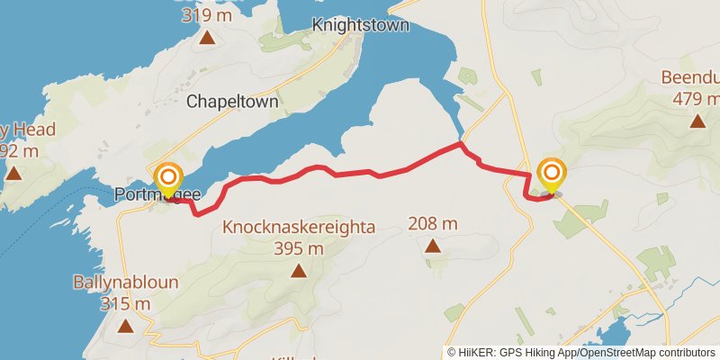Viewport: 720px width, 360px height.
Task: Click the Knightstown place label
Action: click(x=360, y=25)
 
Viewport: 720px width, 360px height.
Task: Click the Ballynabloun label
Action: click(x=125, y=283)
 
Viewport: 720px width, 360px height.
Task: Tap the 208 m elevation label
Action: click(x=433, y=223)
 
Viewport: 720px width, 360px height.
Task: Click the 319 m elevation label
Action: click(x=207, y=15)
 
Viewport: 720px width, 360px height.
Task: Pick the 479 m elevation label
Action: click(x=697, y=98)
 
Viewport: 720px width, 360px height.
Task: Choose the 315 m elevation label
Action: click(x=125, y=304)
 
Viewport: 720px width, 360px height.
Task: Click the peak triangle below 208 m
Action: click(x=433, y=245)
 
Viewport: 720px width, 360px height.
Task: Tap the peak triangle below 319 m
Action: click(x=207, y=37)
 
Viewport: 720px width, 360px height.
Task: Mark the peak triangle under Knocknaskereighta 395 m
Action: click(x=298, y=270)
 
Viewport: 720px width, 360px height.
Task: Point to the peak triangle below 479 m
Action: click(x=697, y=120)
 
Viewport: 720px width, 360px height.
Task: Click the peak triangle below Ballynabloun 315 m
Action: click(x=125, y=326)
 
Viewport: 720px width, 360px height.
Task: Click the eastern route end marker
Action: click(x=551, y=174)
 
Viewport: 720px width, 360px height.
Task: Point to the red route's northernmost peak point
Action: click(x=460, y=143)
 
